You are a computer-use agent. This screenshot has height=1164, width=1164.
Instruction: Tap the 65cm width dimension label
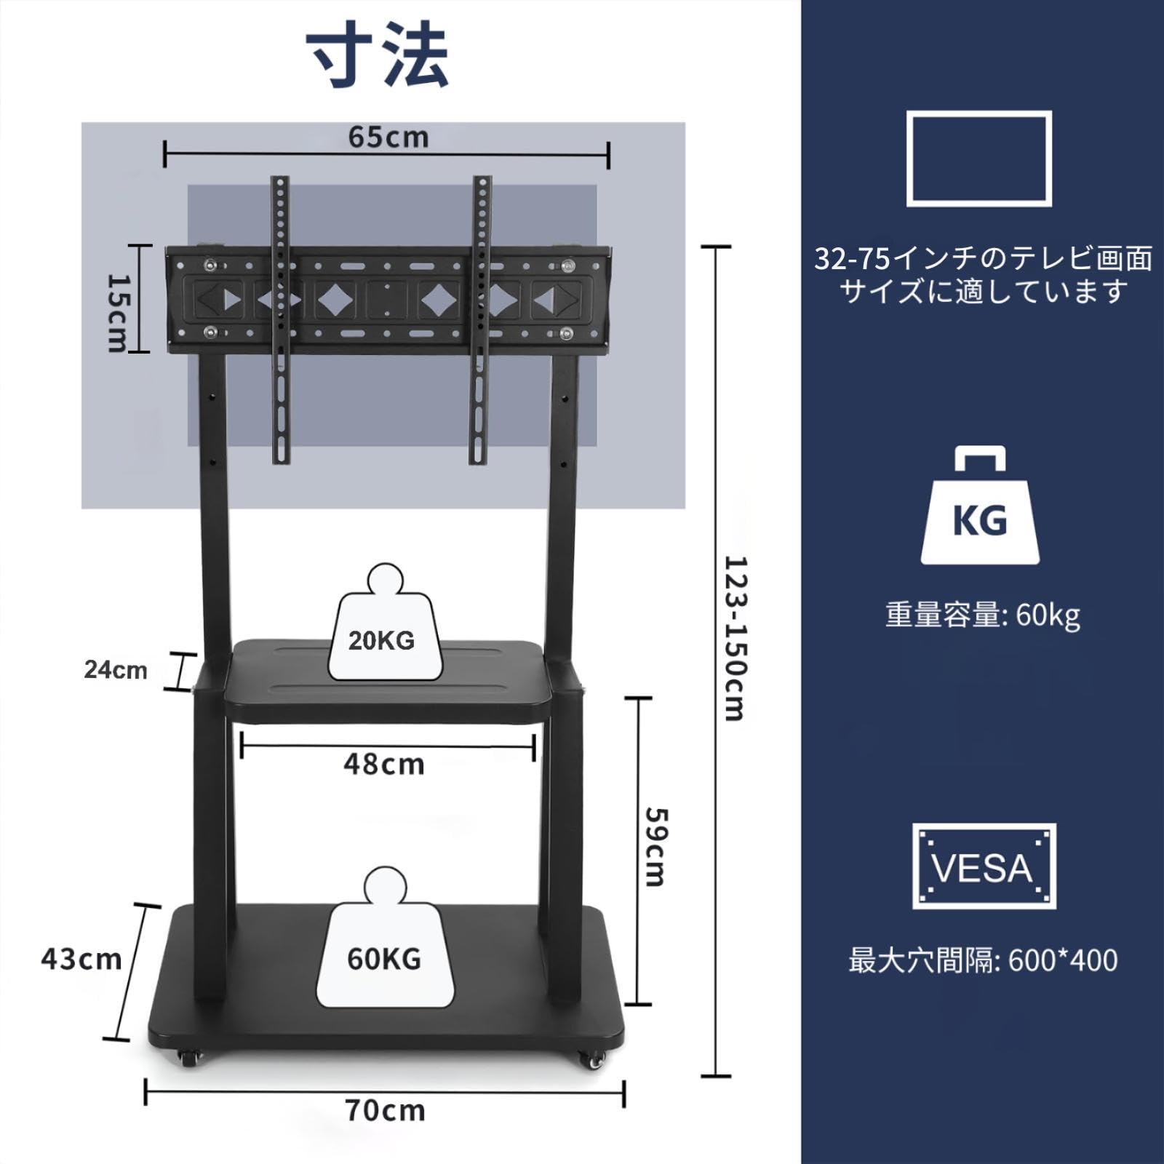pos(388,137)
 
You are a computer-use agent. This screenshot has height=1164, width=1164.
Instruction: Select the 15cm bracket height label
pos(117,312)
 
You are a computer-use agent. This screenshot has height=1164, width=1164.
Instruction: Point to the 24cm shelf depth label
pos(116,670)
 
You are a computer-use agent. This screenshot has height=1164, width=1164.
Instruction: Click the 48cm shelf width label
pos(383,765)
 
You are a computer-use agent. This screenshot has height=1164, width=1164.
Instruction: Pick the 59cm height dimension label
pos(655,847)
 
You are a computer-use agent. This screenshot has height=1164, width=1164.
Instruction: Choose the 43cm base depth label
pos(81,959)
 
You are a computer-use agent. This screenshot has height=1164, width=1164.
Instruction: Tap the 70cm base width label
pos(385,1111)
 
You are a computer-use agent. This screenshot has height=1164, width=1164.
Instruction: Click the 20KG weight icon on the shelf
pos(382,626)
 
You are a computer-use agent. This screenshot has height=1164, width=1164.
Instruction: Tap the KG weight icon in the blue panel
pos(979,509)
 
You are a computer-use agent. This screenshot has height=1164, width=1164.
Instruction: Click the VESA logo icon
pos(984,866)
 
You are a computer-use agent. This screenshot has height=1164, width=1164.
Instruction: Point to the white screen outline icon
pos(978,158)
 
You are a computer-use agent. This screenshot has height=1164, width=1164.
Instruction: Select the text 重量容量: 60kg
pos(983,615)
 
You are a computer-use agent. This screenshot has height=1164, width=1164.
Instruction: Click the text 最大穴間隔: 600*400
pos(983,961)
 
